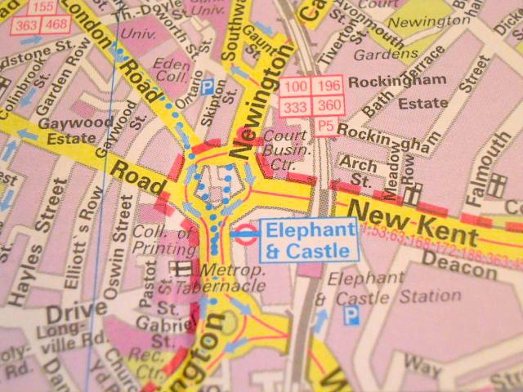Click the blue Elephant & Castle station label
pos(309,240)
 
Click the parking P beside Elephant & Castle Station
pos(351,314)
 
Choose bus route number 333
pos(295,106)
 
